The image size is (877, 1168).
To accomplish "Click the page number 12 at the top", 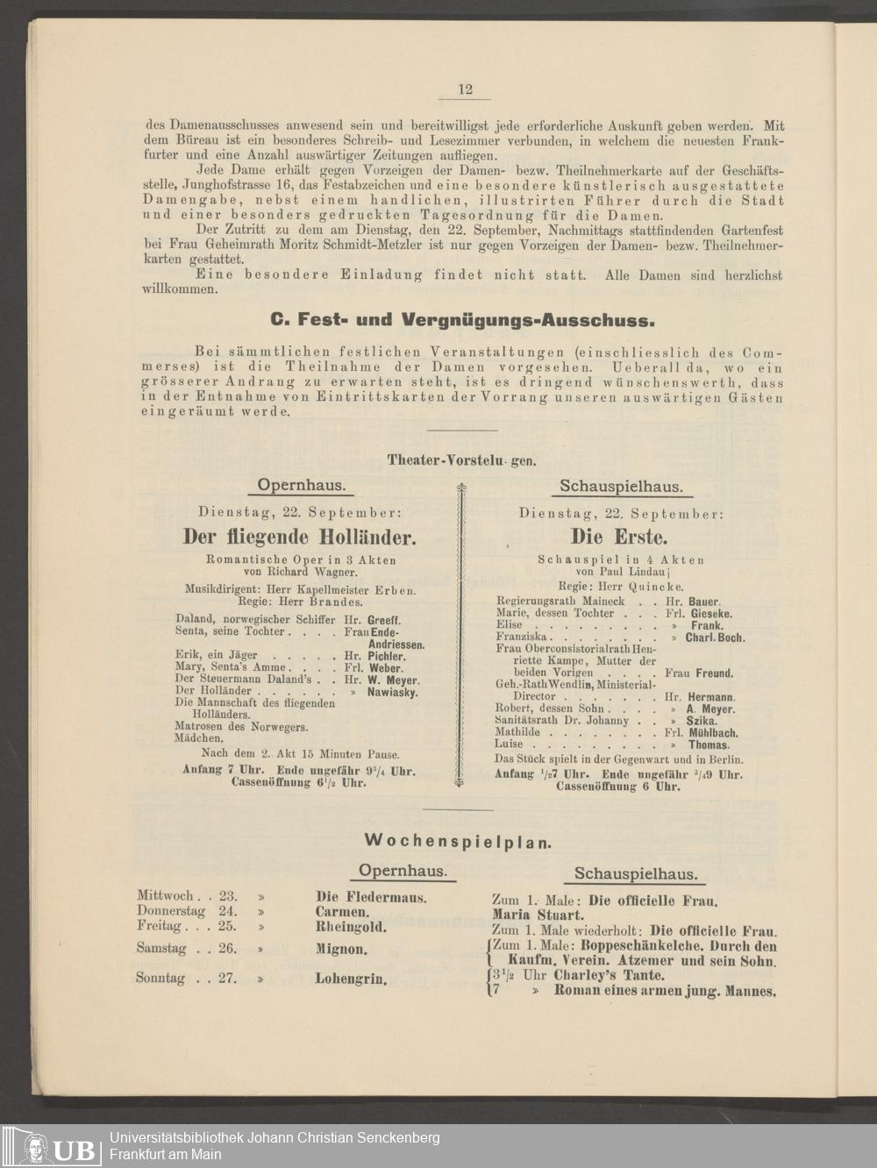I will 465,89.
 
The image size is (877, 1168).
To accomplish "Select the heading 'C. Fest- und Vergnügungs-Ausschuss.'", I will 463,319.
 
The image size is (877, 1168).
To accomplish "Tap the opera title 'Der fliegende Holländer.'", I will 299,537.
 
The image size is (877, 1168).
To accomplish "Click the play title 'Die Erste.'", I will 619,536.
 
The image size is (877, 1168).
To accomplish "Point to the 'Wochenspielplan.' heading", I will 458,841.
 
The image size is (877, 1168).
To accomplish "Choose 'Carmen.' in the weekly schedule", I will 342,912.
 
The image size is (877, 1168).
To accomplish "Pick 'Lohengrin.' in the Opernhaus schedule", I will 352,979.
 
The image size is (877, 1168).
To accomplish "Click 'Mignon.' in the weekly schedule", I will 341,949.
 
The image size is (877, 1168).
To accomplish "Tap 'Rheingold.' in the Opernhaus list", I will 351,926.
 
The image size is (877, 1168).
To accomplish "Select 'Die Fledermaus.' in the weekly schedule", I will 371,897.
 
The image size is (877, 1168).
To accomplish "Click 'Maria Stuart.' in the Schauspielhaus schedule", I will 538,915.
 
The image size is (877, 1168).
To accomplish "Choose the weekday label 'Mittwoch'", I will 165,896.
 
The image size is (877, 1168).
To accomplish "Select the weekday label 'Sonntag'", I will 160,978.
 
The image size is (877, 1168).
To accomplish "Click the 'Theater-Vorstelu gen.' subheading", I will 461,460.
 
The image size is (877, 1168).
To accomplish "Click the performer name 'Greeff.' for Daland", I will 383,619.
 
